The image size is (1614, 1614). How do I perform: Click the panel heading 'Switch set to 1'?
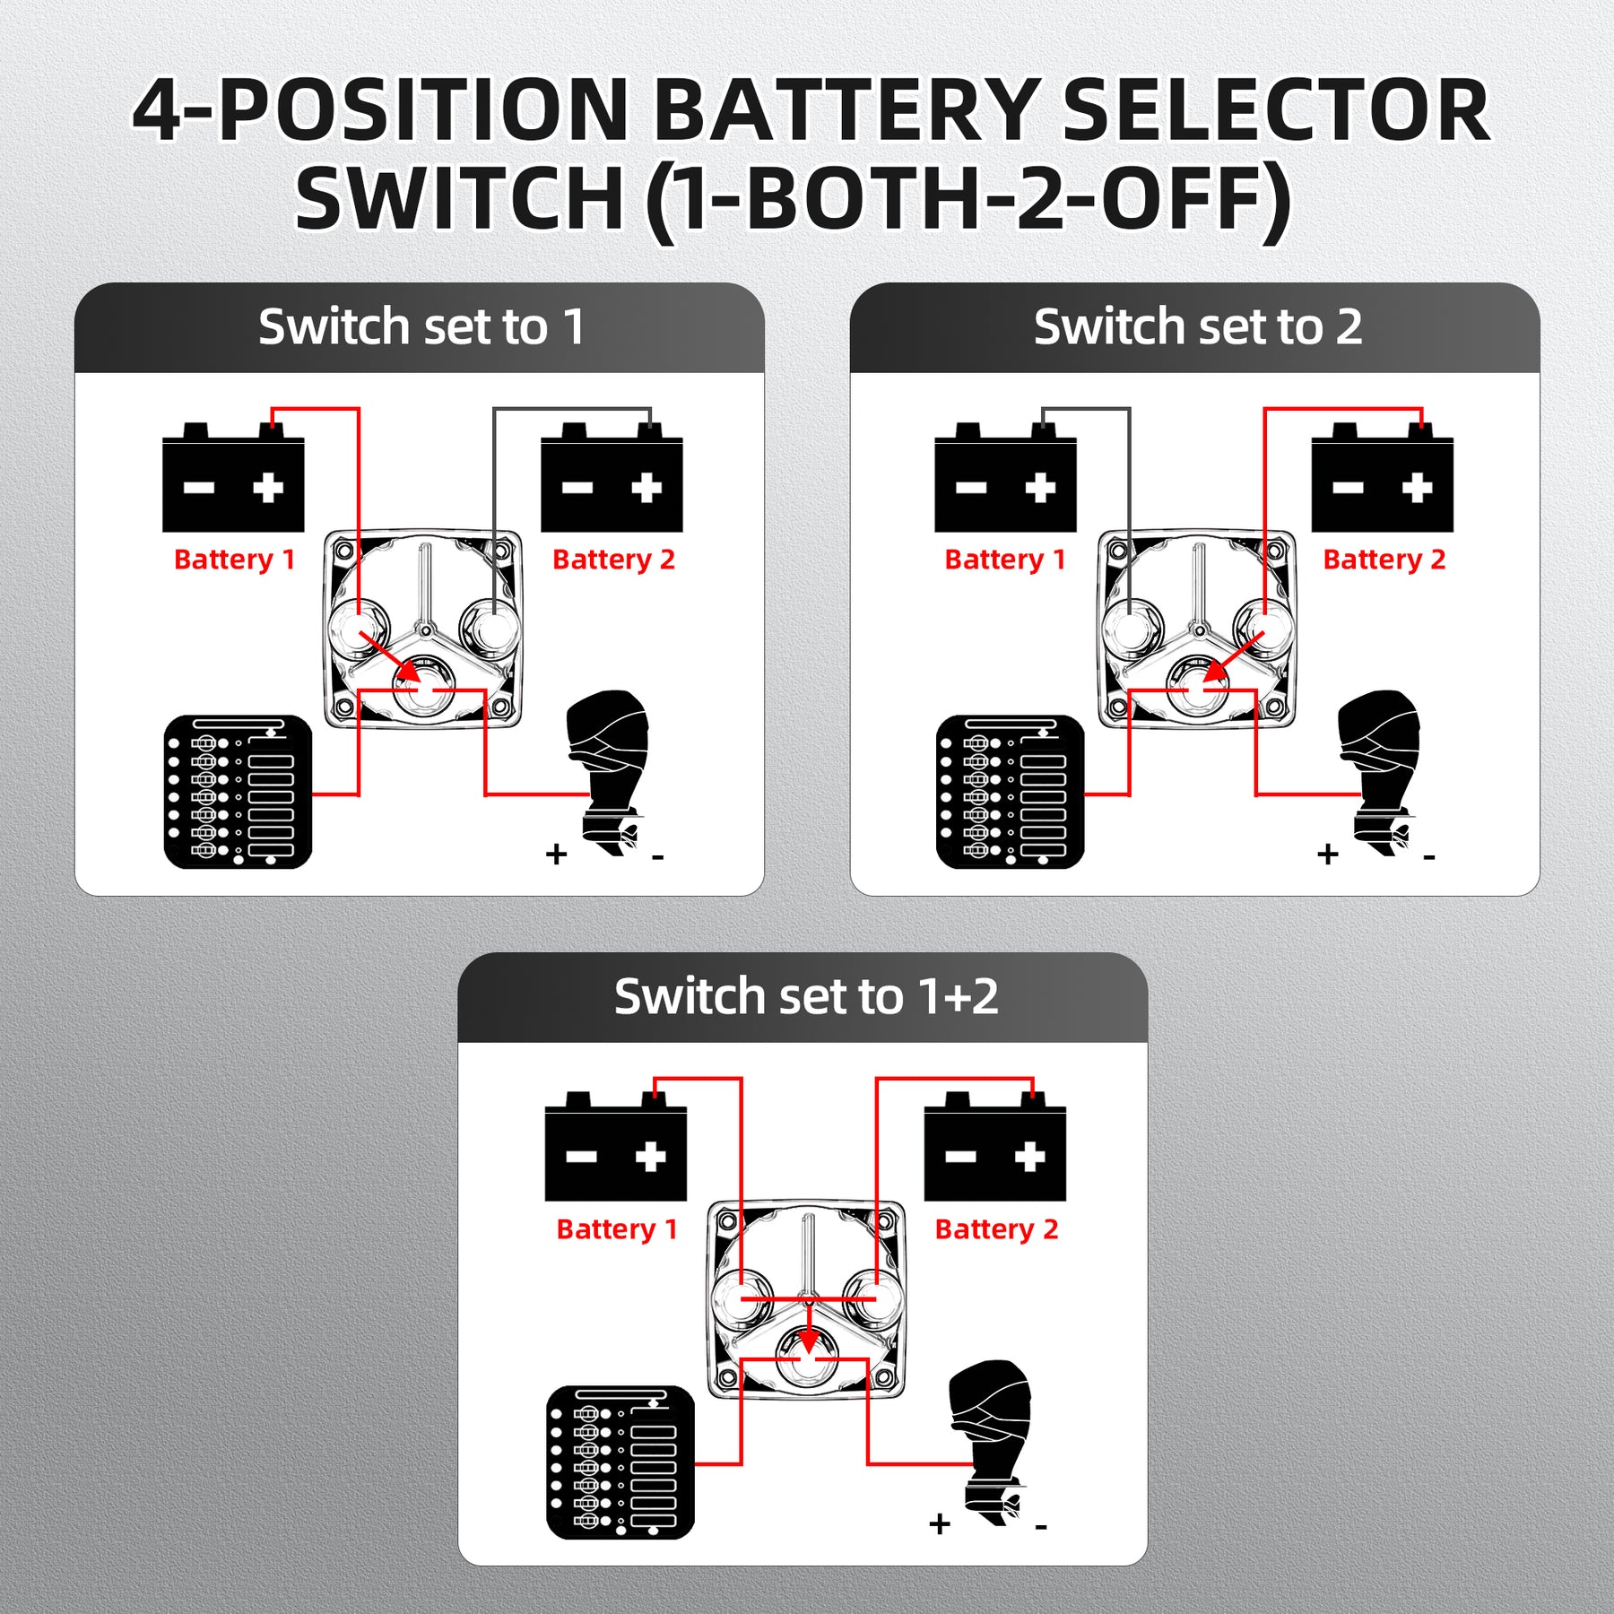421,326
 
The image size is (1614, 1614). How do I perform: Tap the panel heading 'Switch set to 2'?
1197,326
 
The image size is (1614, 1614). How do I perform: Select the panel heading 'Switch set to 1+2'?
805,996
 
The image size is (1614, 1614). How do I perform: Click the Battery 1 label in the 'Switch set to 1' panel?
234,560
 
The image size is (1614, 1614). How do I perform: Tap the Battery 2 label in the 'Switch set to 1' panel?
613,560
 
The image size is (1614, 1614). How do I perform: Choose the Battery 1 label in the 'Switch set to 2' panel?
1005,560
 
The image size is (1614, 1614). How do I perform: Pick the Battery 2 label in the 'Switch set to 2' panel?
1384,560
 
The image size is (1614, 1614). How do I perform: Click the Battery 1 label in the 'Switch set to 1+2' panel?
617,1229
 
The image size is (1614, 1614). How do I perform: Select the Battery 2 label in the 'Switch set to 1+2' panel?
996,1229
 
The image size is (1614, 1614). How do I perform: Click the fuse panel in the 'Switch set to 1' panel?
238,792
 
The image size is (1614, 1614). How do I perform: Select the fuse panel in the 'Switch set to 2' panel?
1010,792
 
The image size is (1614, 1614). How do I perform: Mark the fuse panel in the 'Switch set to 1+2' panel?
620,1462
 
